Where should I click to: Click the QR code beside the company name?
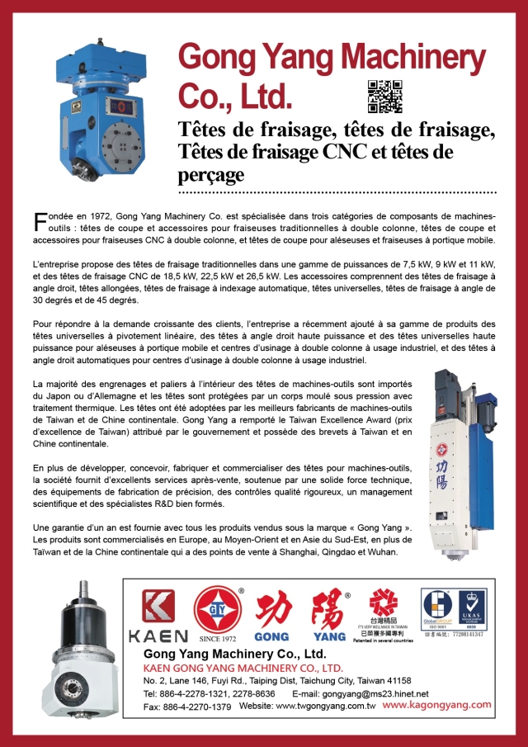pyautogui.click(x=384, y=96)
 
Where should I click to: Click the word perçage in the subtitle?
pyautogui.click(x=211, y=174)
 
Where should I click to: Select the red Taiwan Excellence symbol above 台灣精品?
pyautogui.click(x=381, y=604)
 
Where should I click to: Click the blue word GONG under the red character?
pyautogui.click(x=271, y=636)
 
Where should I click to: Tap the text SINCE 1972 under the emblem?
pyautogui.click(x=217, y=638)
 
